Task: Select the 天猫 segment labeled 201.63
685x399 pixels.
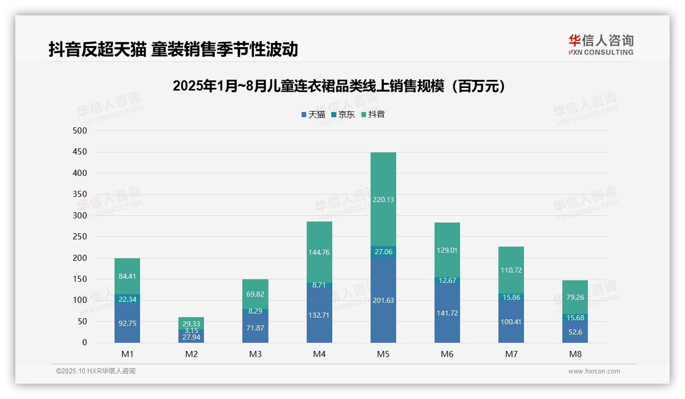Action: (383, 300)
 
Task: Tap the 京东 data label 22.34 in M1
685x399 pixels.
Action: (127, 299)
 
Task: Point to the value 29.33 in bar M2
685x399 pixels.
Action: (191, 324)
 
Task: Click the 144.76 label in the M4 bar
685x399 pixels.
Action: (319, 252)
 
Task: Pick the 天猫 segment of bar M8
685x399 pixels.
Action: (575, 332)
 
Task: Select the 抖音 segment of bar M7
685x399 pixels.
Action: (511, 270)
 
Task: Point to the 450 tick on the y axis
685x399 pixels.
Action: (80, 152)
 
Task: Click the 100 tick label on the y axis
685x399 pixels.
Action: (80, 300)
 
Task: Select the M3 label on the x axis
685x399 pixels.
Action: (255, 354)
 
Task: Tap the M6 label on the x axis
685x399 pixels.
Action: (447, 354)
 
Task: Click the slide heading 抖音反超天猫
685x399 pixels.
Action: (173, 50)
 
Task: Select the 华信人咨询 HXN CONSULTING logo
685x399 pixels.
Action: (601, 45)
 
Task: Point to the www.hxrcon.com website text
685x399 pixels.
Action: (594, 371)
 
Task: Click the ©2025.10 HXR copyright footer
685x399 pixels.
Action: (96, 371)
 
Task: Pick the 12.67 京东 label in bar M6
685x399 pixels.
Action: (447, 280)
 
